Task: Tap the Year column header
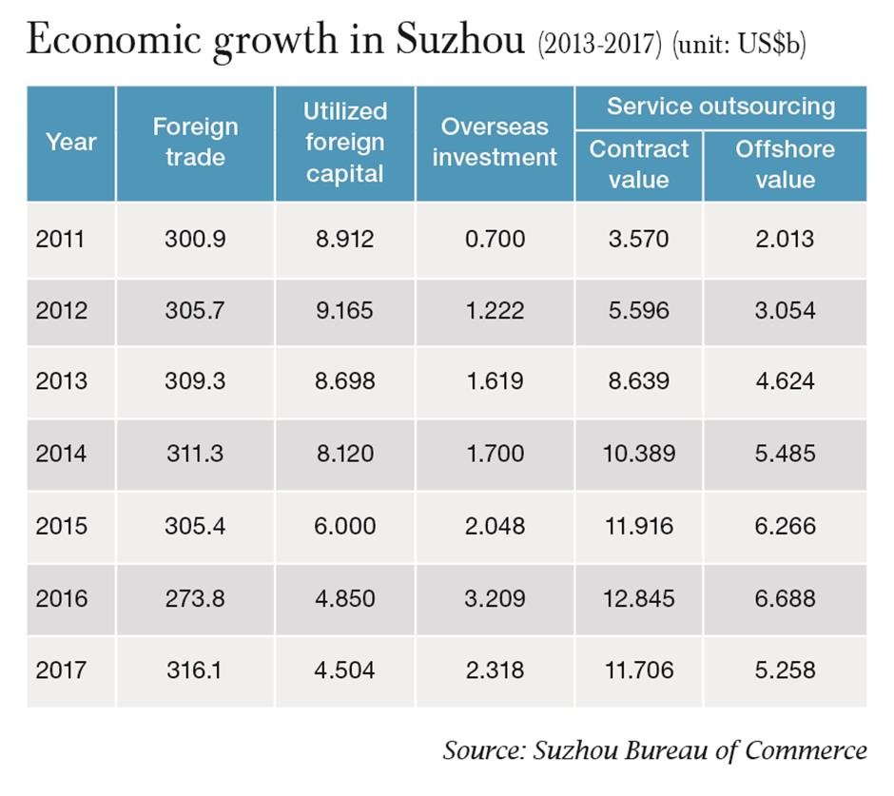[70, 143]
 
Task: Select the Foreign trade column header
[195, 143]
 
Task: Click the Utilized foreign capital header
[344, 143]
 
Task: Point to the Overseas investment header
[495, 143]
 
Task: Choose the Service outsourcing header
[720, 107]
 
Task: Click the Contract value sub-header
[638, 165]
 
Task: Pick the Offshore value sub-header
[785, 165]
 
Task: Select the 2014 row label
[61, 454]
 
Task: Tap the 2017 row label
[61, 670]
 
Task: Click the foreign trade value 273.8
[195, 598]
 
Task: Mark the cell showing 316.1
[195, 670]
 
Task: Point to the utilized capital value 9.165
[344, 310]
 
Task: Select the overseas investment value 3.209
[495, 598]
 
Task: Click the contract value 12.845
[638, 598]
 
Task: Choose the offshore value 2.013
[785, 238]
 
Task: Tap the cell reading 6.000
[344, 526]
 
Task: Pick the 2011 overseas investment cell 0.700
[495, 238]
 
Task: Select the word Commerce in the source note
[806, 750]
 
